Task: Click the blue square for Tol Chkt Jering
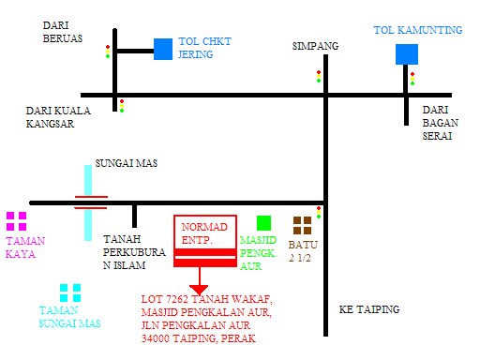click(163, 49)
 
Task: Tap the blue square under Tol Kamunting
click(406, 53)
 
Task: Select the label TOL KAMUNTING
click(417, 31)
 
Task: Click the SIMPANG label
click(314, 46)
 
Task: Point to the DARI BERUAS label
click(63, 32)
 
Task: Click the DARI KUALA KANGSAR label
click(59, 117)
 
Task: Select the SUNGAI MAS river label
click(127, 163)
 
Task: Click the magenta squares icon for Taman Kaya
click(17, 221)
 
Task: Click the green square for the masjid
click(263, 223)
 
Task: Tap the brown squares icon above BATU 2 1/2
click(302, 225)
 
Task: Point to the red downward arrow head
click(198, 287)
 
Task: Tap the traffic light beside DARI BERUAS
click(108, 52)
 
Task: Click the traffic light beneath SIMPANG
click(319, 76)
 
